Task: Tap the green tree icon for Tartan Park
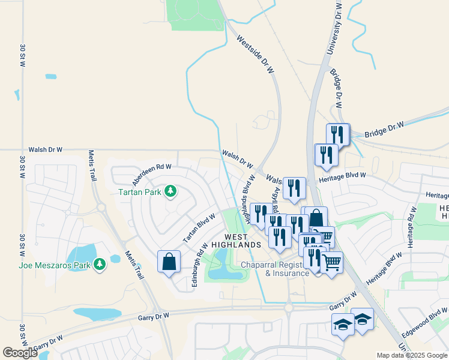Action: point(171,191)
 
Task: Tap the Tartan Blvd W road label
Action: point(199,228)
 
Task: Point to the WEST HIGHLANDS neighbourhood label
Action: point(243,240)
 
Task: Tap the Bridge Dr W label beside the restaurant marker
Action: point(384,128)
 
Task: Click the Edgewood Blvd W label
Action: point(426,325)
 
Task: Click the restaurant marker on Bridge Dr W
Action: point(338,134)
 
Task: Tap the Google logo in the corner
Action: point(20,353)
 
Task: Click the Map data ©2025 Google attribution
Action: point(412,355)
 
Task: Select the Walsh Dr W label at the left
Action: point(45,149)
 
